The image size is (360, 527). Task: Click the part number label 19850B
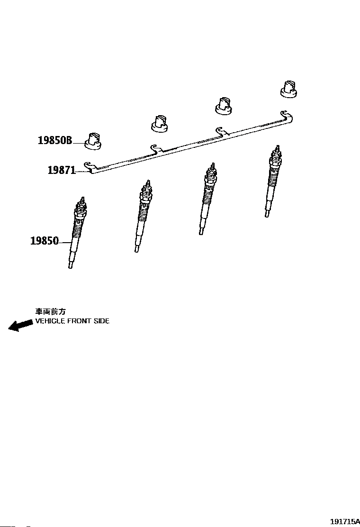pyautogui.click(x=54, y=141)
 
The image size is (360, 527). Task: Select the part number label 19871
pyautogui.click(x=62, y=170)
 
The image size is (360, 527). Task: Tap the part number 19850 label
pyautogui.click(x=45, y=241)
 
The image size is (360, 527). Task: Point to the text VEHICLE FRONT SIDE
pyautogui.click(x=72, y=321)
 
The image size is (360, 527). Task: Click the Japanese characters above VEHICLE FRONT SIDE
pyautogui.click(x=50, y=311)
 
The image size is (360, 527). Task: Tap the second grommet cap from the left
pyautogui.click(x=160, y=124)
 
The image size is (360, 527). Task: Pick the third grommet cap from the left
pyautogui.click(x=224, y=106)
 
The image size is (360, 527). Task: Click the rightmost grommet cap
pyautogui.click(x=289, y=89)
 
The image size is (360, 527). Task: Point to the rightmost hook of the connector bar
pyautogui.click(x=286, y=113)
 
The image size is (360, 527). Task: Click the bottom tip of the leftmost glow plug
pyautogui.click(x=70, y=266)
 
